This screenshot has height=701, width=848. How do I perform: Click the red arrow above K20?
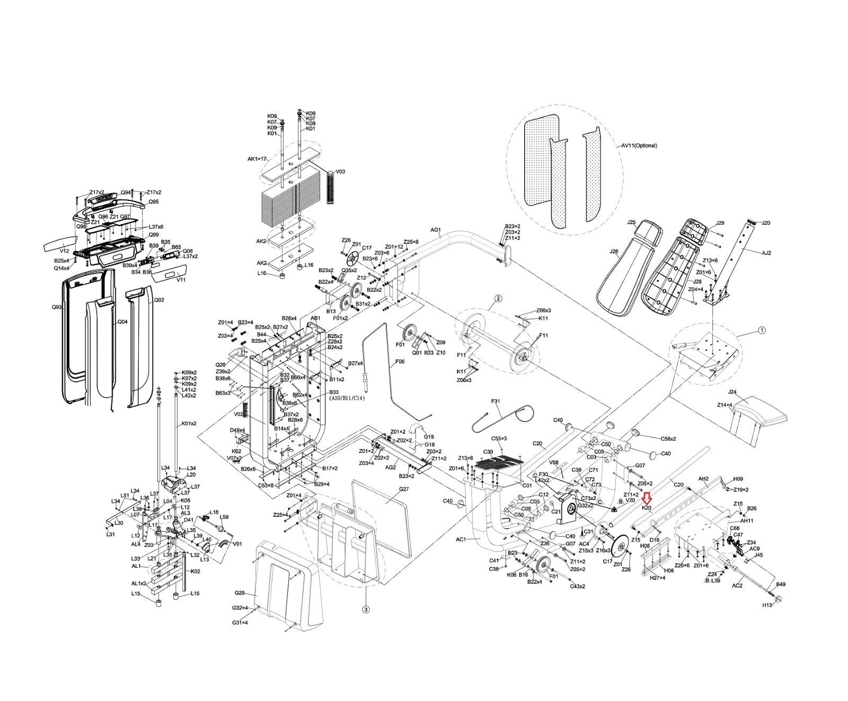(646, 498)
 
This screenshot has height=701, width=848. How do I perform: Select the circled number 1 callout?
(762, 330)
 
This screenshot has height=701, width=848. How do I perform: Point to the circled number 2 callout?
(498, 298)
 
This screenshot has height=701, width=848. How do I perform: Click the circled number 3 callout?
(365, 610)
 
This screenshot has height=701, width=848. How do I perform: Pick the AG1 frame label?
(435, 230)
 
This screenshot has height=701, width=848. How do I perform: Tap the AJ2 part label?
(766, 253)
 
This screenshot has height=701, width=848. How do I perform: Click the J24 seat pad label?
(732, 392)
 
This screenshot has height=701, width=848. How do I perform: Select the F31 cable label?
(496, 401)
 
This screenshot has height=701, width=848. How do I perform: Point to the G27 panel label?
(404, 489)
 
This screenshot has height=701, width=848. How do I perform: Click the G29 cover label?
(240, 592)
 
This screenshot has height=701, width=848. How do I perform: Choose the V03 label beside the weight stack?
(340, 172)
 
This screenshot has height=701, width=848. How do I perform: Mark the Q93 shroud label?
(57, 307)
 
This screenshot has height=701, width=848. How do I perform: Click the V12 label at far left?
(64, 251)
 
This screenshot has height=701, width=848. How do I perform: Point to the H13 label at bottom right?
(767, 605)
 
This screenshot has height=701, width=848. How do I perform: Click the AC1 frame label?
(461, 539)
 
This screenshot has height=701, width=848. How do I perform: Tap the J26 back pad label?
(614, 251)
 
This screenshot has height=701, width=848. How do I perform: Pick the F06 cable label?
(399, 361)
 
